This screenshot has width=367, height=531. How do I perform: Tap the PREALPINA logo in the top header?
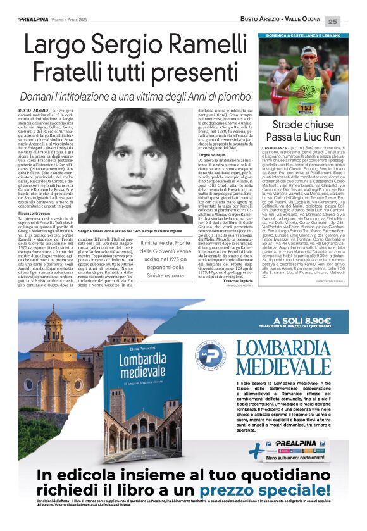[40, 20]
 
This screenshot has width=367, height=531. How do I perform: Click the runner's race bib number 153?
[306, 108]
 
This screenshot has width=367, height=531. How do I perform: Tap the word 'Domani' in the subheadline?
[40, 97]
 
